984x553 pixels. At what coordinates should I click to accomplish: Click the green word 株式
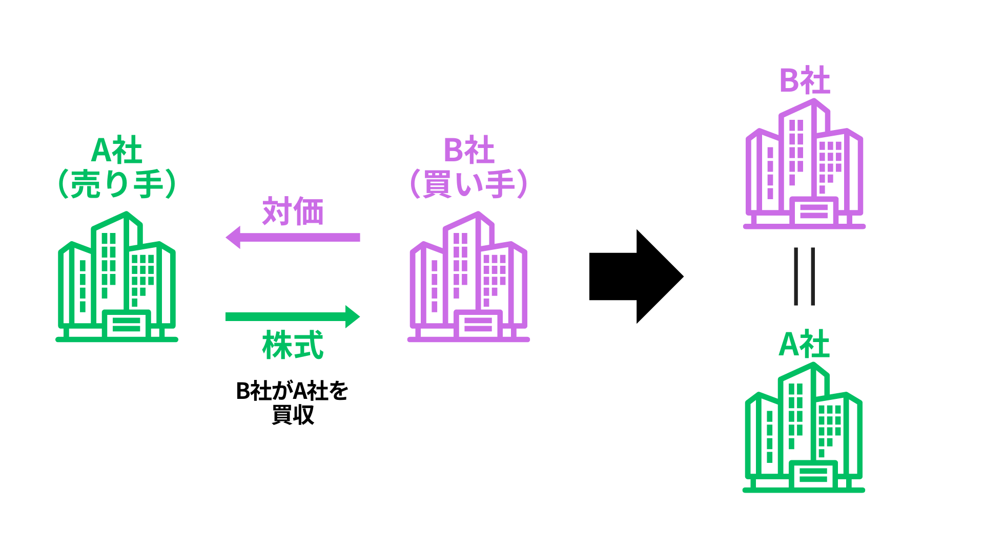(293, 345)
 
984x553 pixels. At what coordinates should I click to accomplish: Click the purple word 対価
(293, 211)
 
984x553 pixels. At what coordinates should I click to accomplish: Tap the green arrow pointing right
(293, 317)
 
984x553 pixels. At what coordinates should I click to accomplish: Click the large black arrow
(635, 276)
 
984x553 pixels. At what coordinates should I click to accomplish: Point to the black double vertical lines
(804, 276)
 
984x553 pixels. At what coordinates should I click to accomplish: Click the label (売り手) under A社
(117, 184)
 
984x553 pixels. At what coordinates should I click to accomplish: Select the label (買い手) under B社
(468, 184)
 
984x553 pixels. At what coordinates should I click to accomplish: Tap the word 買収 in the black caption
(293, 415)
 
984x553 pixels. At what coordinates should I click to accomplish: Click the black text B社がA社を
(292, 391)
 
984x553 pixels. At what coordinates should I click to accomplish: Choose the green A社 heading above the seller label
(117, 151)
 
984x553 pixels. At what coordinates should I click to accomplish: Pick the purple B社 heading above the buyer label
(469, 151)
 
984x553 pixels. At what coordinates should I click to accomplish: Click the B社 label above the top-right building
(805, 81)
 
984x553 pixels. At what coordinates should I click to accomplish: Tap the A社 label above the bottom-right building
(804, 344)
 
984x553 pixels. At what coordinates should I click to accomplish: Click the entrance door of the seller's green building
(126, 325)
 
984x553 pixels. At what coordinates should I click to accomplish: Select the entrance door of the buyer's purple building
(478, 325)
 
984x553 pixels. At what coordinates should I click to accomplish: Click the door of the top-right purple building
(814, 211)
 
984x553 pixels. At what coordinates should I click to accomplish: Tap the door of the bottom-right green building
(813, 475)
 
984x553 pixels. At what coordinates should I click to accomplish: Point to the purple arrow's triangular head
(234, 238)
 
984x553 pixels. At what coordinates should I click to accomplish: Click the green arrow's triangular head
(352, 317)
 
